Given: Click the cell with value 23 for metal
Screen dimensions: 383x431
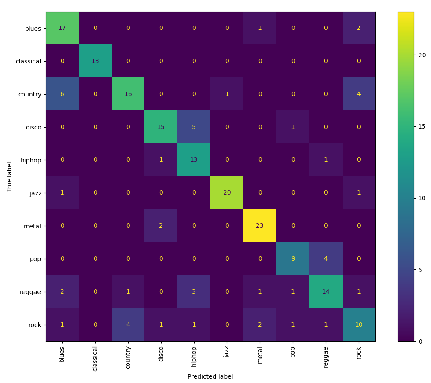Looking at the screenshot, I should pos(260,226).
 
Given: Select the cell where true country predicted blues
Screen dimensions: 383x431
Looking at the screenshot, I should pos(62,94).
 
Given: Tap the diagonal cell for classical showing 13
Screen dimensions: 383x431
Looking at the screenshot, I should pos(95,61).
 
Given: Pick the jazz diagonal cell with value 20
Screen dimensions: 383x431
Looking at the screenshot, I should pos(227,193).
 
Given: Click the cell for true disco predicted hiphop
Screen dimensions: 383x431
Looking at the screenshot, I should pos(194,127).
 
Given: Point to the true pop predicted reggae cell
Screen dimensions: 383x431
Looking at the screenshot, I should pos(326,259).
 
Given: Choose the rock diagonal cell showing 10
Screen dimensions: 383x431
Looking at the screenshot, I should pos(359,325).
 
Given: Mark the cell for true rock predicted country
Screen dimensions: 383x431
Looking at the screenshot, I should pos(128,325).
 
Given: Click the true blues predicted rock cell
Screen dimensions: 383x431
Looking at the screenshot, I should pos(359,28).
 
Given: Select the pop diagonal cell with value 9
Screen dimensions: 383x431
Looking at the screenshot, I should pos(293,259).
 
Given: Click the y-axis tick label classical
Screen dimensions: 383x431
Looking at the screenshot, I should pos(28,61).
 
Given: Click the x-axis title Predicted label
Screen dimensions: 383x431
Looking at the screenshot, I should pos(210,377).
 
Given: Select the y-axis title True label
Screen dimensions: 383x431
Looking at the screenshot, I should pos(10,177).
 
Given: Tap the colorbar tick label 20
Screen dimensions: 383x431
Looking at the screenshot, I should pos(422,55).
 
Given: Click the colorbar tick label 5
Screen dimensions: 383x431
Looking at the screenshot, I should pos(420,270).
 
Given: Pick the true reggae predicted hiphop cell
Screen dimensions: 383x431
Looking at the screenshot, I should pos(194,292).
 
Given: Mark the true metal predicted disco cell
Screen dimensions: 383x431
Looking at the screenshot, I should pos(161,226).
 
